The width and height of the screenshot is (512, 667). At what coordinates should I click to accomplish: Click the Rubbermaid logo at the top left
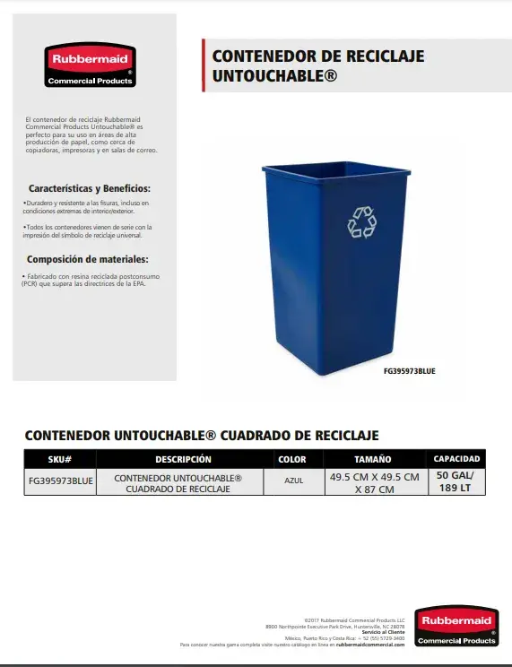(x=90, y=65)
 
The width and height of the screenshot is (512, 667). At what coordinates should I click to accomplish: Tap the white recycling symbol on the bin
(x=362, y=222)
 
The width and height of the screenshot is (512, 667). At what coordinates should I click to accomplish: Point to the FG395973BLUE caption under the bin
(x=408, y=370)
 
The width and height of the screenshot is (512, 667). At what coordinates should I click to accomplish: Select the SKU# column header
(x=59, y=459)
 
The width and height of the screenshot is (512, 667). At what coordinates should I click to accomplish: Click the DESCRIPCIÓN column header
(x=183, y=459)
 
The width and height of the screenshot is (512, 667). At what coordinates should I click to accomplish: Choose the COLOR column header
(x=292, y=459)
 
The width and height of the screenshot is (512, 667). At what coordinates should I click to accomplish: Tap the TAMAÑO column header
(x=373, y=459)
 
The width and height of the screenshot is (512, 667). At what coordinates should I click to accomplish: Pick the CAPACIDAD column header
(x=456, y=459)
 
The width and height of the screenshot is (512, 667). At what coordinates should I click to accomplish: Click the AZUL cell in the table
(x=292, y=479)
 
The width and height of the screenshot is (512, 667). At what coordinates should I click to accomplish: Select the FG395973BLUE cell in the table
(x=60, y=481)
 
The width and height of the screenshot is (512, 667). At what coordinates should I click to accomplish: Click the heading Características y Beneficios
(x=90, y=189)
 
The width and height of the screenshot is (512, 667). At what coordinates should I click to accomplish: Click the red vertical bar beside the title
(x=204, y=65)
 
